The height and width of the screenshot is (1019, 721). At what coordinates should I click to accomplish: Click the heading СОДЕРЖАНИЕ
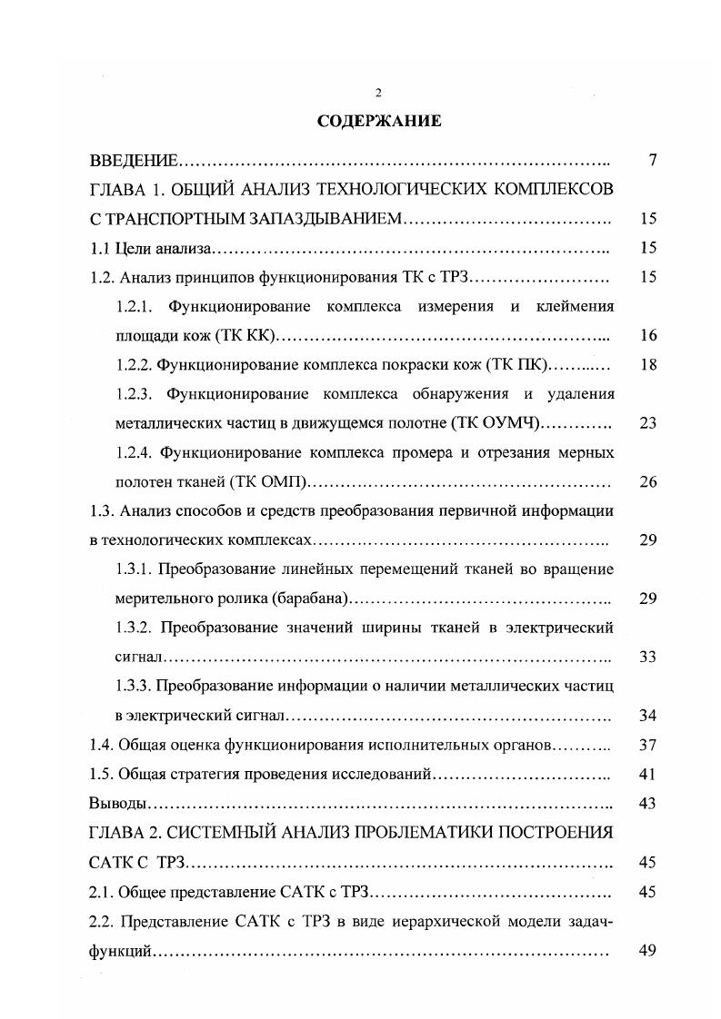point(379,122)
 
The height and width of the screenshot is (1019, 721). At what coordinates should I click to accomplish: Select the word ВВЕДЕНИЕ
point(134,161)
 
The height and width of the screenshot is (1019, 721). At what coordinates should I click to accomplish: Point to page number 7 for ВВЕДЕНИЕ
point(652,161)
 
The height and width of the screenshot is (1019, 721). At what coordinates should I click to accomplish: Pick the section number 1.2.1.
point(137,307)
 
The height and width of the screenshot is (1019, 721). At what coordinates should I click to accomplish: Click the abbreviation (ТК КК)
point(245,336)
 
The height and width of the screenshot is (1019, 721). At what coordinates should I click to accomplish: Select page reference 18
point(647,365)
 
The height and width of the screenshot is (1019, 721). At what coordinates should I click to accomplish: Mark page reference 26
point(647,482)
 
